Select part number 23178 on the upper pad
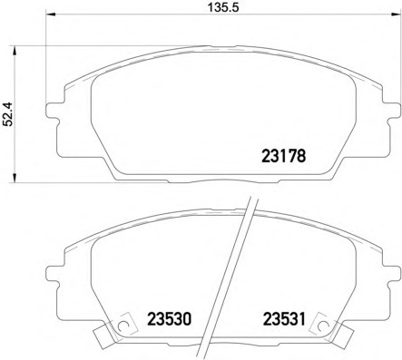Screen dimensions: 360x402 [281, 155]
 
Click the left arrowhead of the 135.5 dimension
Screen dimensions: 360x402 [49, 17]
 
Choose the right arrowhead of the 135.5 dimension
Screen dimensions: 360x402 [391, 17]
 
